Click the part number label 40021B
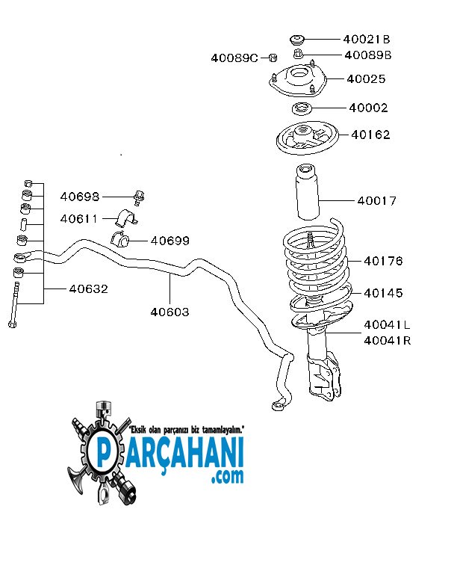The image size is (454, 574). point(367,39)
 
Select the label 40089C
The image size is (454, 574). point(234,58)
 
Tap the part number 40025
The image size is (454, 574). point(367,78)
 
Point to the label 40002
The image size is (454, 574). point(368,108)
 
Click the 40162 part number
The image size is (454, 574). point(370,135)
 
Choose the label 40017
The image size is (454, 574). point(376,200)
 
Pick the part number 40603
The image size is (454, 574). point(170,312)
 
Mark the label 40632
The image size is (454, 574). point(89,288)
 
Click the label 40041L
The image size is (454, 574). point(388,325)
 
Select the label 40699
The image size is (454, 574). point(170,241)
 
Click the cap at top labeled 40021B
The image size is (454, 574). point(297,39)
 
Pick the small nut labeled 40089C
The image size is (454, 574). point(273,58)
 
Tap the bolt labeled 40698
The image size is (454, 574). point(139,197)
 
